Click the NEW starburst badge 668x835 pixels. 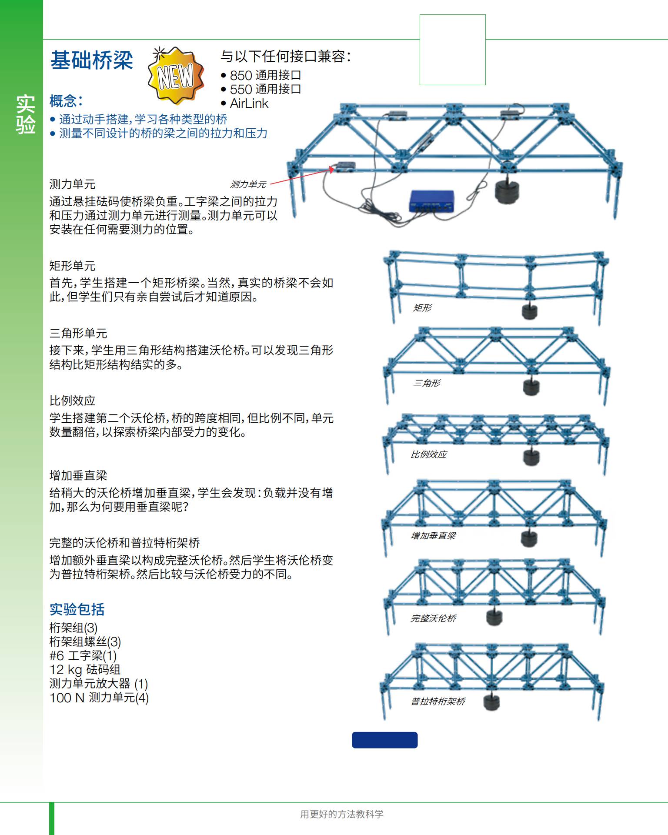pos(176,76)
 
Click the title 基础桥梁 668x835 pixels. pos(92,60)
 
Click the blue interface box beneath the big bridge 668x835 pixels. pos(431,201)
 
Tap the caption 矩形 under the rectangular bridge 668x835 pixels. pos(422,308)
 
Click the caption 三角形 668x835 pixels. pos(426,383)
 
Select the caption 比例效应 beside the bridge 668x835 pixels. pos(428,454)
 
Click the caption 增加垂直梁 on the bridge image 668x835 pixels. pos(433,536)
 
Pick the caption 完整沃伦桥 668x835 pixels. pos(433,618)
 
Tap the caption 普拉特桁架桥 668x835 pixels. pos(438,701)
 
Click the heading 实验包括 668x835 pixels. pos(77,609)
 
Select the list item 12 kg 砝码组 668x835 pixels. pos(85,670)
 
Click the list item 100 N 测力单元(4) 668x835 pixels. pos(99,698)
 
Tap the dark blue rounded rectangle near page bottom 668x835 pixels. pos(384,740)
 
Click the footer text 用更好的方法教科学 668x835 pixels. pos(342,814)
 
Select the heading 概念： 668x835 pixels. pos(66,101)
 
